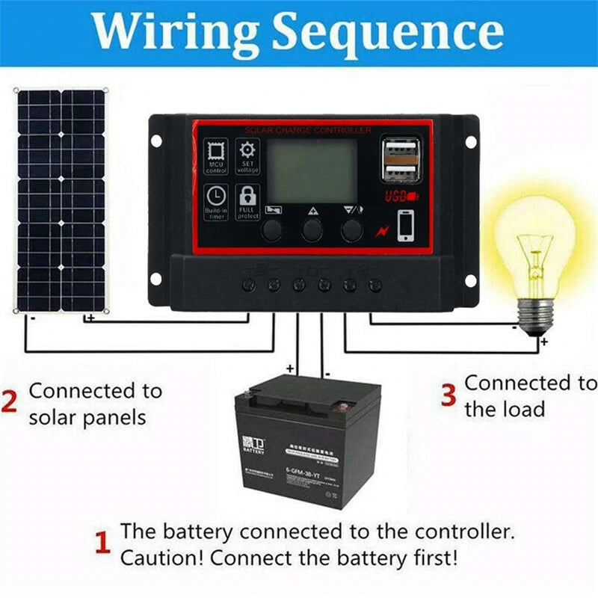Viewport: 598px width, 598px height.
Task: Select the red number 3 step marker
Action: [x=448, y=395]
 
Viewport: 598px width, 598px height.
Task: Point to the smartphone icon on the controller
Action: [x=406, y=226]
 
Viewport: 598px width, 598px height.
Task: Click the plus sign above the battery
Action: [x=290, y=369]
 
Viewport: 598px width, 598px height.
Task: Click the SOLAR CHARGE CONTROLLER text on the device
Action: [x=307, y=131]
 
